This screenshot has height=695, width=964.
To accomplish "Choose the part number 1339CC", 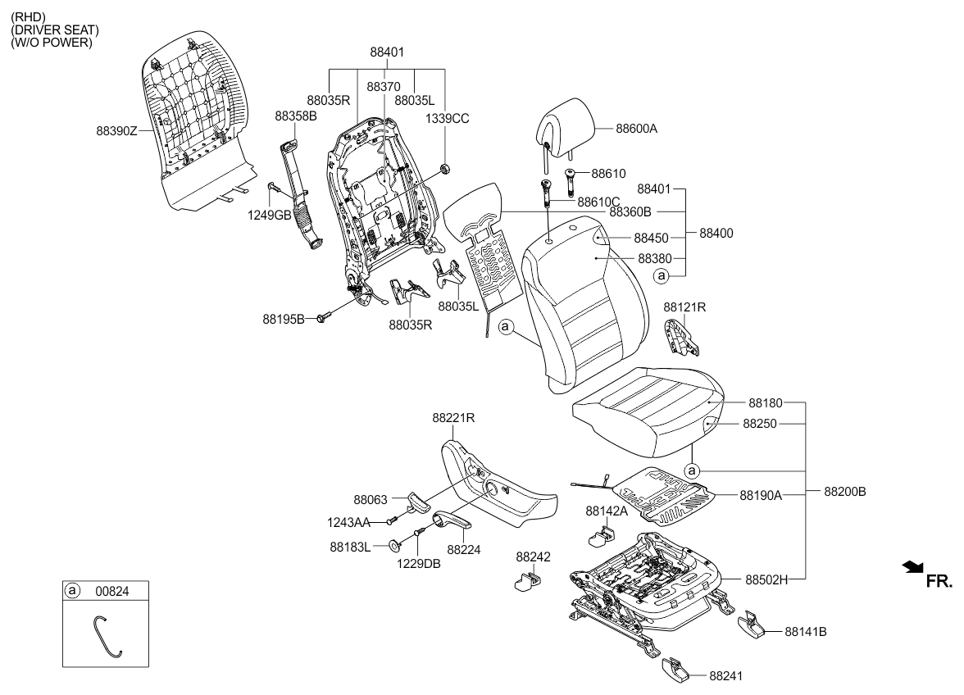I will point(447,118).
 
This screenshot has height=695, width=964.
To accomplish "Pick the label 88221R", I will point(454,417).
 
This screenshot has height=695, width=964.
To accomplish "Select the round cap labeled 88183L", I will point(394,544).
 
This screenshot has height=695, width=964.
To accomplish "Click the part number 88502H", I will point(766,579).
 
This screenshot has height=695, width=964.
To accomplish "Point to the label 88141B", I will point(805,632).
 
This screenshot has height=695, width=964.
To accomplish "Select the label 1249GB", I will point(271,215).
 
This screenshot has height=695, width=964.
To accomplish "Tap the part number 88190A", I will point(760,495).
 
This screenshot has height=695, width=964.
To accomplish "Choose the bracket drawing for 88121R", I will point(681,337).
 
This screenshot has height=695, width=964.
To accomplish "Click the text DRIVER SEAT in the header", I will point(54,30).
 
